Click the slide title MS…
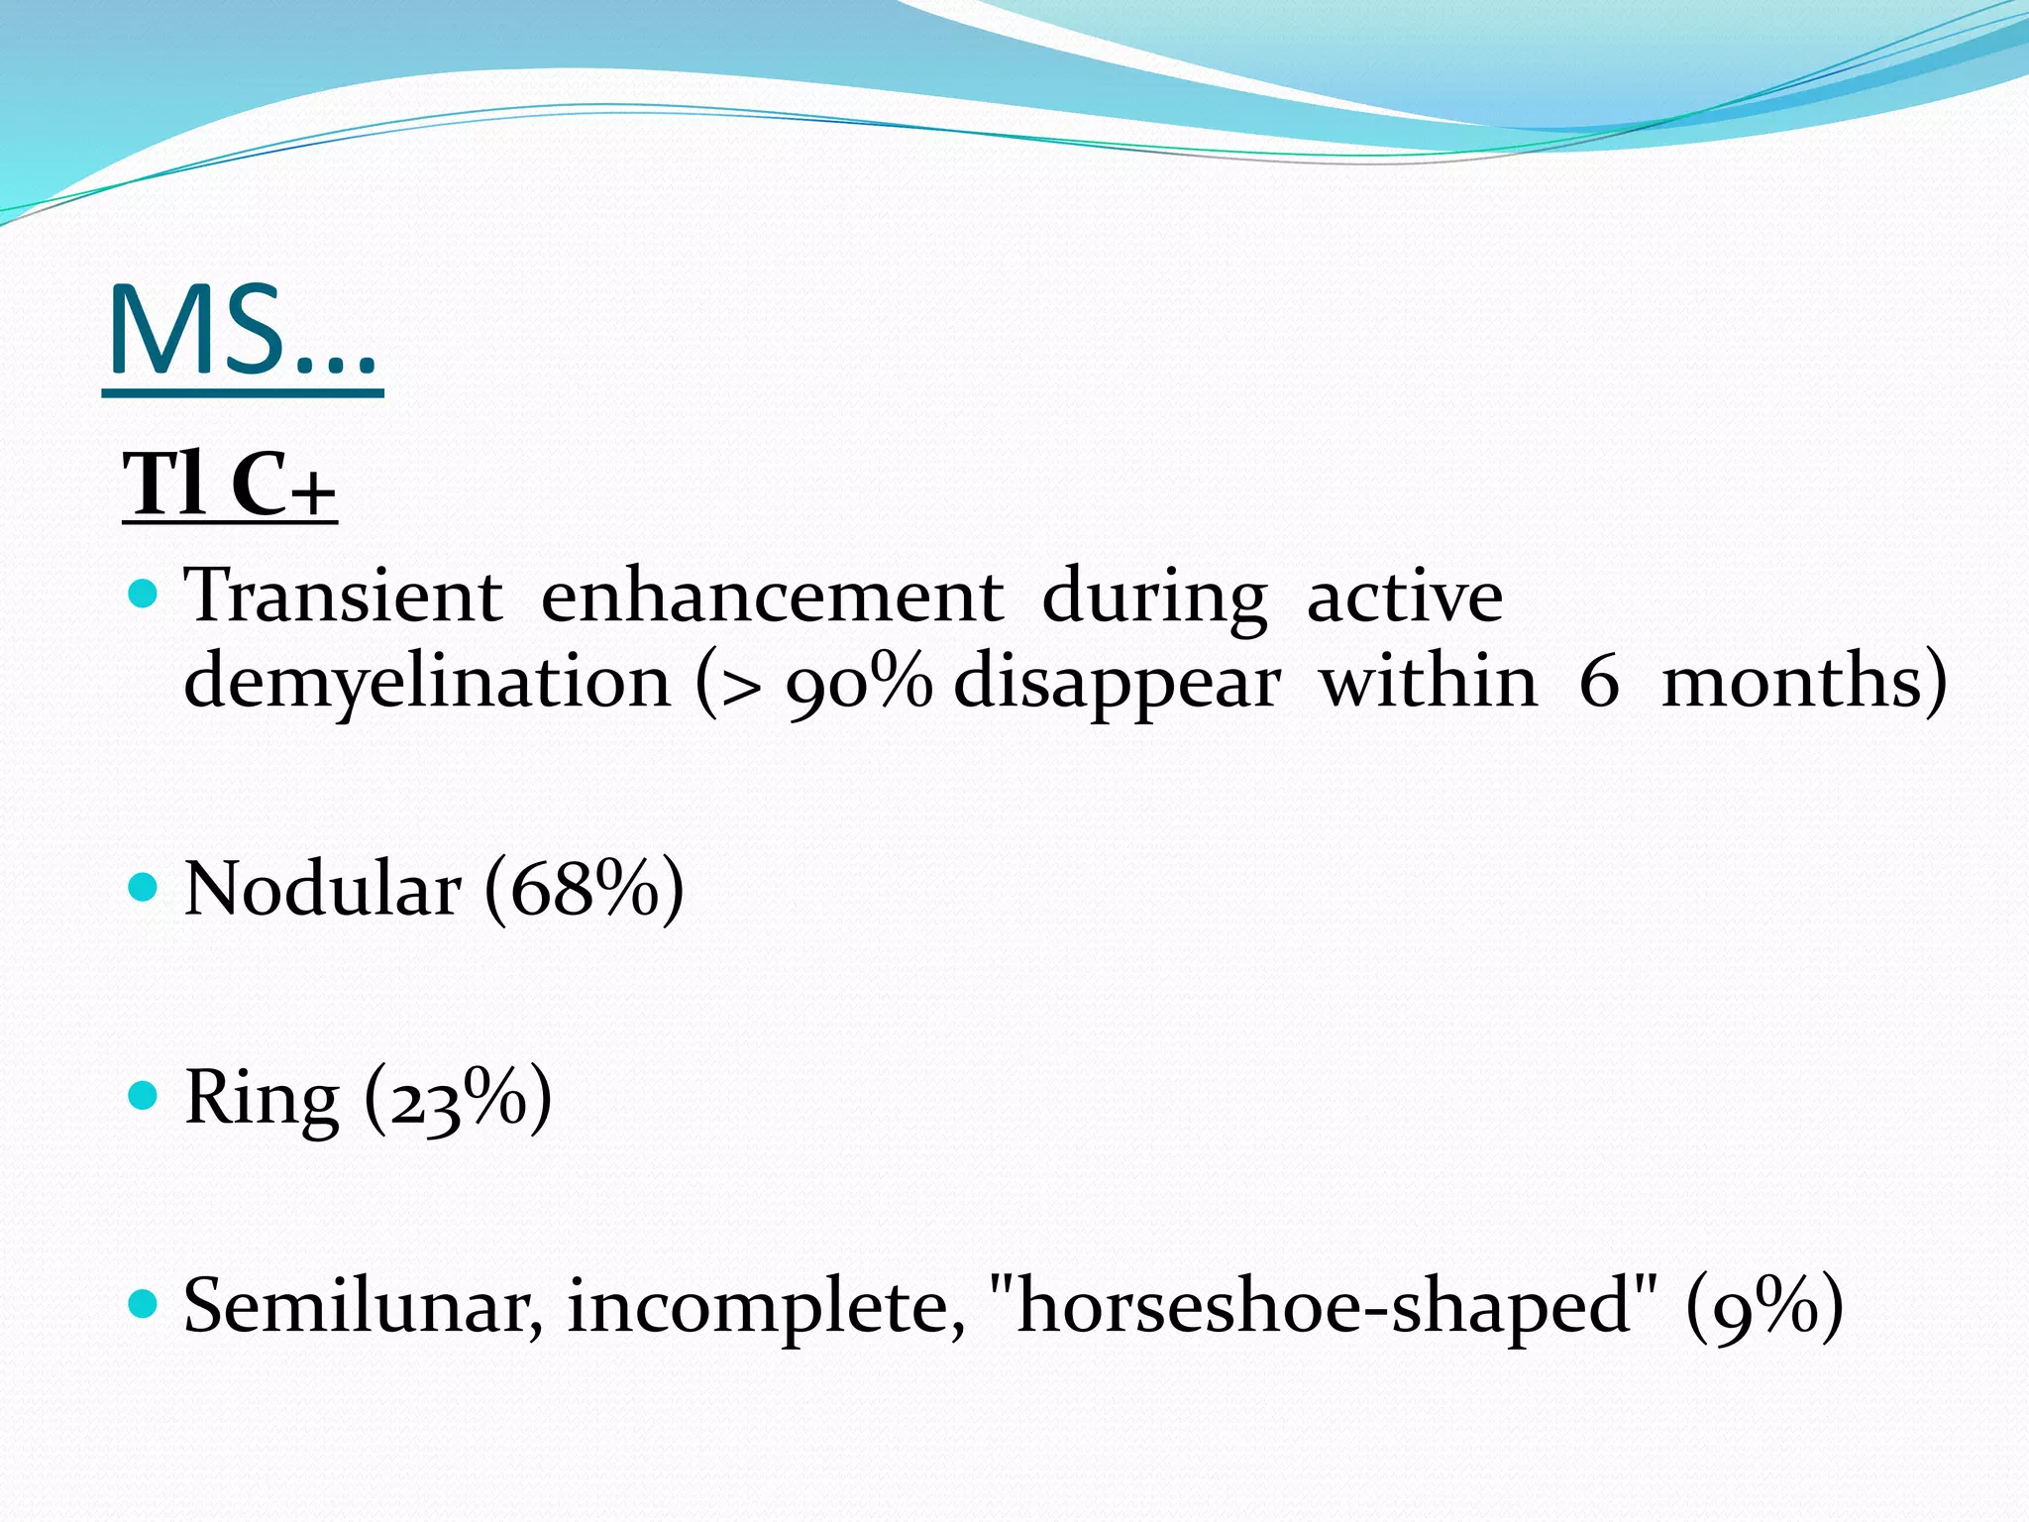pos(242,332)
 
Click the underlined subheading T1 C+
pos(229,486)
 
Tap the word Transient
pos(343,597)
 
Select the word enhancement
pos(772,597)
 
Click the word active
pos(1404,597)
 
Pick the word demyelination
pos(427,684)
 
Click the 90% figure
pos(858,684)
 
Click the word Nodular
pos(323,888)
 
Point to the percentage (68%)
pos(584,889)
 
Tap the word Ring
pos(262,1098)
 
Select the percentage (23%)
pos(458,1098)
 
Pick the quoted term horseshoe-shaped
pos(1323,1306)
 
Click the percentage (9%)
pos(1764,1306)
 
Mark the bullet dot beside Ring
pos(144,1095)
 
